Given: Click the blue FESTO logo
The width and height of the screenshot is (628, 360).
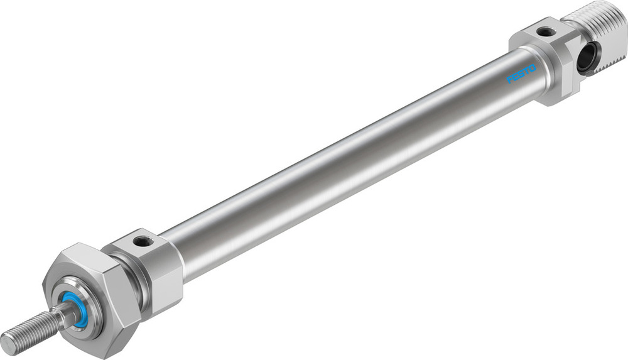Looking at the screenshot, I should point(521,74).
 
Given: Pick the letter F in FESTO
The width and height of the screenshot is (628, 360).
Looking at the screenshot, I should point(510,80).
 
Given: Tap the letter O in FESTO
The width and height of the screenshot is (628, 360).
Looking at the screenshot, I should point(533,67).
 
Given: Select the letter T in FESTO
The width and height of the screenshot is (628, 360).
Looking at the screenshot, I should point(527,70).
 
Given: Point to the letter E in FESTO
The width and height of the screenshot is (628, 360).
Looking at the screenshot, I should point(516,77).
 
